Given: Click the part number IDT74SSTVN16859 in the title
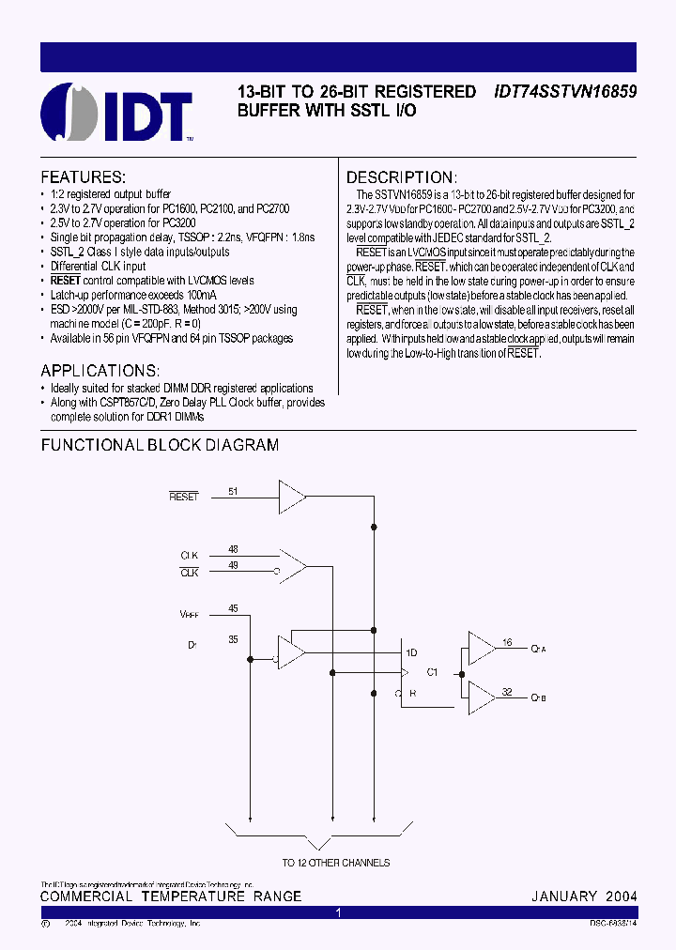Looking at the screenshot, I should [565, 92].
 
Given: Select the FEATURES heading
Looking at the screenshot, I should [83, 176].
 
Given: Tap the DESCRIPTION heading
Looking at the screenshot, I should [402, 177].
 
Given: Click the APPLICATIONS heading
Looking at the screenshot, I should [100, 370].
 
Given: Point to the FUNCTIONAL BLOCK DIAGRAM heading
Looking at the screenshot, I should [160, 445].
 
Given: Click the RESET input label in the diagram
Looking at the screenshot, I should [184, 496].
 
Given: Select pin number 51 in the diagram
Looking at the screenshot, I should [233, 490].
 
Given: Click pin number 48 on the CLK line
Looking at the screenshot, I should [233, 549].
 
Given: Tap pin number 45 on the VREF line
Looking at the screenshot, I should [233, 608].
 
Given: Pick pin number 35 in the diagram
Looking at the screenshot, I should [233, 639].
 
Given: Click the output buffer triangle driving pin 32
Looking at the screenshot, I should [481, 697].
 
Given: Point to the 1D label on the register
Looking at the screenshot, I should [411, 652].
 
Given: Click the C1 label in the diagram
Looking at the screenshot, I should [433, 672].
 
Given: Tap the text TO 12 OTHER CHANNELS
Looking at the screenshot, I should [335, 863].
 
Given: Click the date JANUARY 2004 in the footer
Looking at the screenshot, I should [584, 896].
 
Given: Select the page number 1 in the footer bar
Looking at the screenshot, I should [338, 912].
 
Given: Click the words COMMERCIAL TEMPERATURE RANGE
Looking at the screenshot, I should [171, 896].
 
